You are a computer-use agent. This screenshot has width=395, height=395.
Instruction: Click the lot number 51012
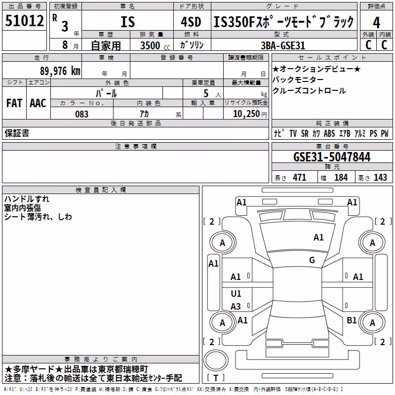coord(24,20)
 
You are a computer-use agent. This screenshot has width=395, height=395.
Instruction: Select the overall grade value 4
coord(376,22)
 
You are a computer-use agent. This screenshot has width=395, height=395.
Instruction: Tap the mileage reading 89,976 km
coord(60,71)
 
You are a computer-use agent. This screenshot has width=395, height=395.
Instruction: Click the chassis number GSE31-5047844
coord(332,157)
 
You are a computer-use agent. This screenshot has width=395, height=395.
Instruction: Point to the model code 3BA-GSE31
coord(283,45)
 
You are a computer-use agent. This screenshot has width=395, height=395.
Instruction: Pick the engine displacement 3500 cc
coord(155,45)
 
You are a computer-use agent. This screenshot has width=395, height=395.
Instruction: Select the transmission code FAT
coord(14,103)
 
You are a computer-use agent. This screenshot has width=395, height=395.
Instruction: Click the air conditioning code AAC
coord(38,103)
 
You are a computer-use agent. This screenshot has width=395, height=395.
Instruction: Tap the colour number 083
coord(81,114)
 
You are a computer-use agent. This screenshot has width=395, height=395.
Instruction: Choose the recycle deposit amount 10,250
coord(246,114)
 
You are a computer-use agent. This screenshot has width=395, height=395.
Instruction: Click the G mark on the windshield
coord(312,260)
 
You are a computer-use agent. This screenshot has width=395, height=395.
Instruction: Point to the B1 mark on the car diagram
coord(352,320)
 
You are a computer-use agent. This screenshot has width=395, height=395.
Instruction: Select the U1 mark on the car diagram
coord(236,293)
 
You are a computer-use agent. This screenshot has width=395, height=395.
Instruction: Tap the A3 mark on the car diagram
coord(236,306)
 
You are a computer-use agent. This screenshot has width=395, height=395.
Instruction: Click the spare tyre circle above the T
coord(216,360)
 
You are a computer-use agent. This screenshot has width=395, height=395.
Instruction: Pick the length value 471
coord(300,177)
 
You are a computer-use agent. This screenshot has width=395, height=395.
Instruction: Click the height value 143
coord(380,177)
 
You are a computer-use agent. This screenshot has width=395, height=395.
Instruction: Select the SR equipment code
coord(305,133)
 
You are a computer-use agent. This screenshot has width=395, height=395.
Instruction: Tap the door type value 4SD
coord(191,22)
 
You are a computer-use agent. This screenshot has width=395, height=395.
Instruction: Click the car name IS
coord(128,22)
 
